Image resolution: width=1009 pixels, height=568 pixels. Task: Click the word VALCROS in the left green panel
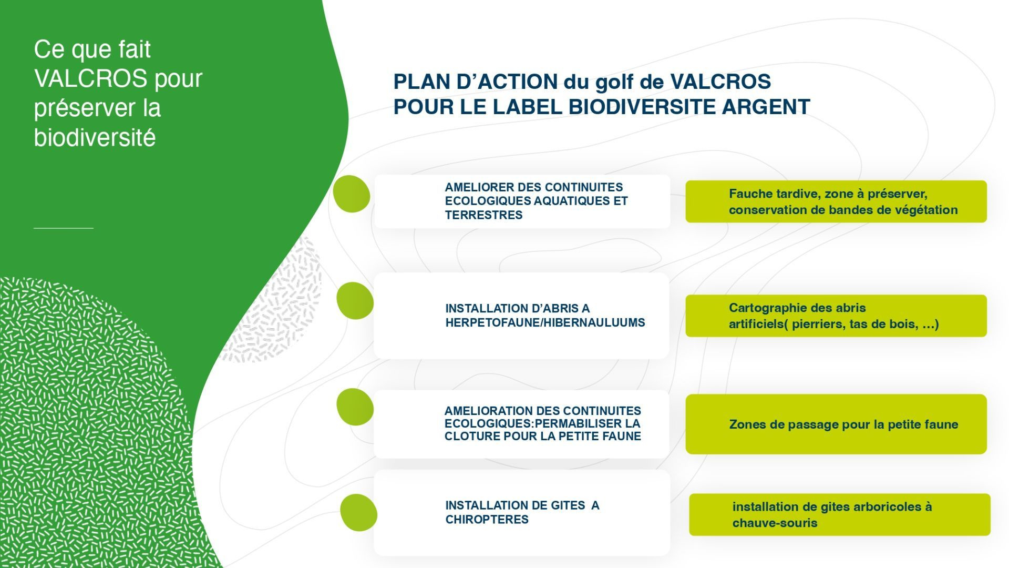91,79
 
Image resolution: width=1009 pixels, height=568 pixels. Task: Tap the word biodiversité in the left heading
95,138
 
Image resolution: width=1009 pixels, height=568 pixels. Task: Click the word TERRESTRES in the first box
483,215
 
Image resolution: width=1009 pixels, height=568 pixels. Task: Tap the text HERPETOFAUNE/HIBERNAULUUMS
545,323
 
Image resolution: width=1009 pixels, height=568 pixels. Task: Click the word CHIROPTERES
487,520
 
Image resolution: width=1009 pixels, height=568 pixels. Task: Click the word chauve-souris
775,523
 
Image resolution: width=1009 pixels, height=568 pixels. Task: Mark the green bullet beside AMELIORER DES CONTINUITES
352,194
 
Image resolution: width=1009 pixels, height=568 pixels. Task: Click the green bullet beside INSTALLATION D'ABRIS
355,301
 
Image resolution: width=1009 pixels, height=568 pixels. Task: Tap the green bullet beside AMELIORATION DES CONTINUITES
355,407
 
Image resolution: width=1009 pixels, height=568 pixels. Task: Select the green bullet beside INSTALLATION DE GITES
358,513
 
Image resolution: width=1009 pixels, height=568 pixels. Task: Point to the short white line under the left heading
64,228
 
